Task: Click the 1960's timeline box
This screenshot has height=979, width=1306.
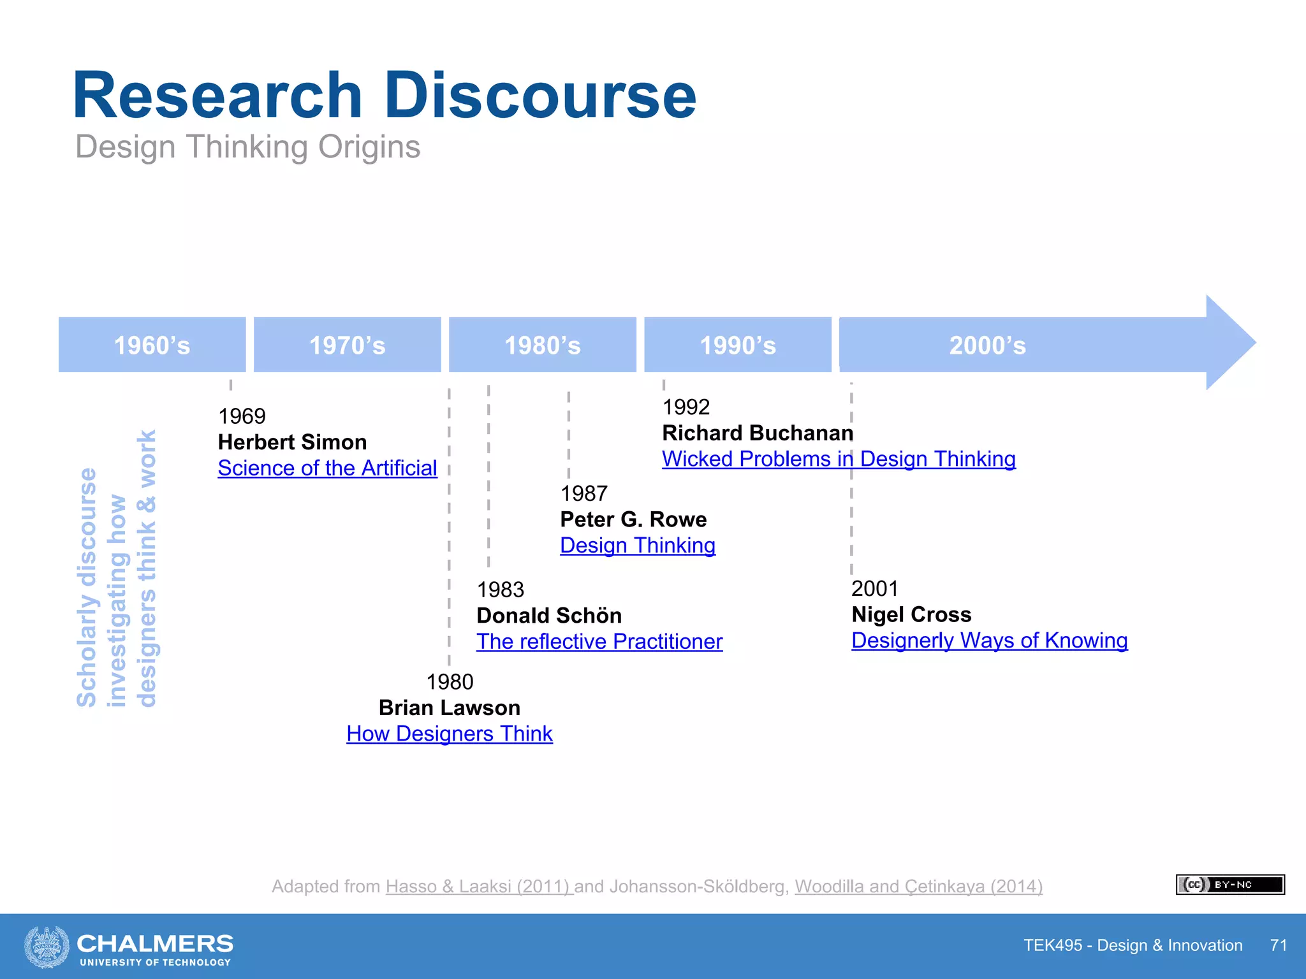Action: [152, 345]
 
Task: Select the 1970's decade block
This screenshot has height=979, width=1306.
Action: [347, 345]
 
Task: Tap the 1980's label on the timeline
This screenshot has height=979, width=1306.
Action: [543, 345]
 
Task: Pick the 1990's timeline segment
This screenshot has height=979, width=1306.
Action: [738, 345]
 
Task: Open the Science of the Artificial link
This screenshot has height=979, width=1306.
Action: [327, 468]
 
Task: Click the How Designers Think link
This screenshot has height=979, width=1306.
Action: [450, 734]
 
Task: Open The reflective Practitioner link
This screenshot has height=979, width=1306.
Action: [599, 641]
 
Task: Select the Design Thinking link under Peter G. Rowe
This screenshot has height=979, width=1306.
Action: [638, 546]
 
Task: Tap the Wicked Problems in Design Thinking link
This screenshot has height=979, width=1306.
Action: [839, 459]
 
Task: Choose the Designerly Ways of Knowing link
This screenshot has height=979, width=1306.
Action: [989, 640]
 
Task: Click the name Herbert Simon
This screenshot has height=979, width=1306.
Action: [292, 442]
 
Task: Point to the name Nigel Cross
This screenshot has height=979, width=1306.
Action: [911, 614]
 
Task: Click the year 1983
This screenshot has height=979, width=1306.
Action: [500, 590]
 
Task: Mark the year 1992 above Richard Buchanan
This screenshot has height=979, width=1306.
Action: [686, 407]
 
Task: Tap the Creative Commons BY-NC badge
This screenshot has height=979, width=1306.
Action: [1229, 885]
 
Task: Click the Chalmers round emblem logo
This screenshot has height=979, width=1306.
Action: [47, 946]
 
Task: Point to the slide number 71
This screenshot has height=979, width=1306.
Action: [1278, 945]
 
